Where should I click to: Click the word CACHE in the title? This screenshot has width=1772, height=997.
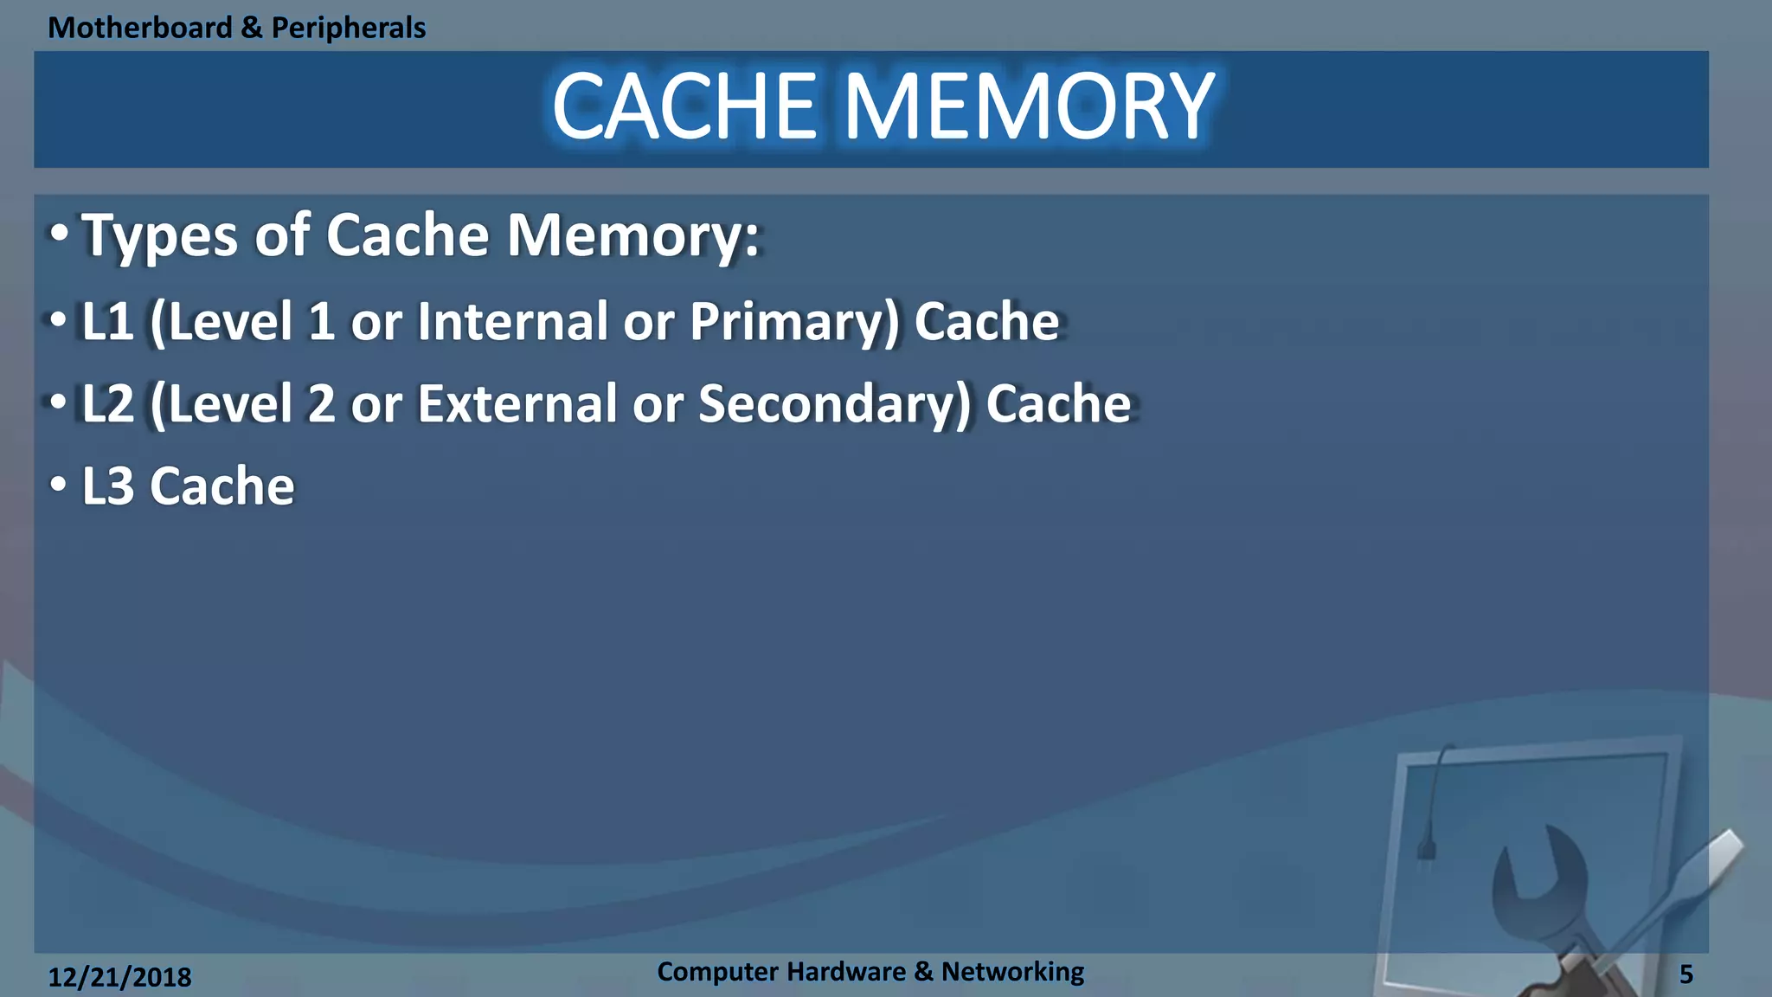(x=684, y=107)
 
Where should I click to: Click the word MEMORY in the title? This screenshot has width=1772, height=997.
(x=1029, y=107)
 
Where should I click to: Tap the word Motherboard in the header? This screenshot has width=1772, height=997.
(x=140, y=28)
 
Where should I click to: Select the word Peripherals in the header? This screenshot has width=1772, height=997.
(x=348, y=28)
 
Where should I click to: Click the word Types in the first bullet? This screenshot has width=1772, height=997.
(x=159, y=235)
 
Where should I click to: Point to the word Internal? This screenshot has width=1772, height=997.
(x=512, y=322)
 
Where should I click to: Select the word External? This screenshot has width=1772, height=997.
(x=517, y=404)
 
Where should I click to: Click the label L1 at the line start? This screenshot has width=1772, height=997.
(x=107, y=322)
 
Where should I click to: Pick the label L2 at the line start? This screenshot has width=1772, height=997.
(x=107, y=404)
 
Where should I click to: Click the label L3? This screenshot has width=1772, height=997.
(x=107, y=486)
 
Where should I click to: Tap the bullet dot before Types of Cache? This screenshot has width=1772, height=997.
(x=58, y=234)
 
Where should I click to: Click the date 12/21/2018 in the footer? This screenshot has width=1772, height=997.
(x=119, y=977)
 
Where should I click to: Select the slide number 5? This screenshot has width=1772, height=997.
(x=1685, y=974)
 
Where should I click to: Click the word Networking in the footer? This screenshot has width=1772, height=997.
(x=1012, y=972)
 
